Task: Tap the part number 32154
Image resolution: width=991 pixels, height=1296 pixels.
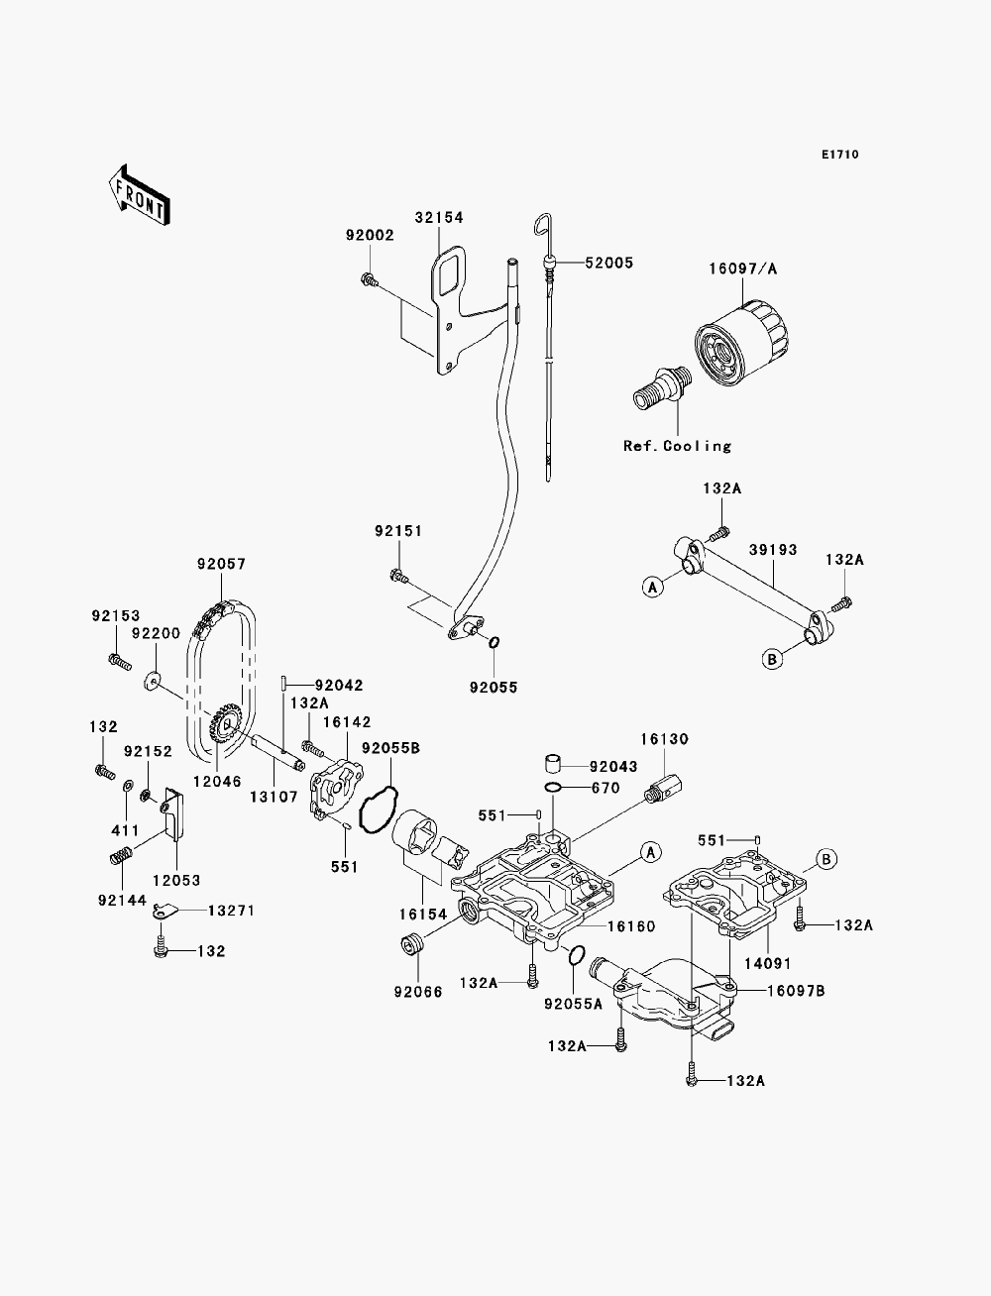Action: (x=439, y=217)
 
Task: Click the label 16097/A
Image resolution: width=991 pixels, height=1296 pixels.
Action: (x=743, y=270)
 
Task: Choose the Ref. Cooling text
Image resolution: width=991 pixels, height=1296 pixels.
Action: (x=678, y=446)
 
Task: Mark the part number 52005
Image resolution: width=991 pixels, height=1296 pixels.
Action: (x=608, y=263)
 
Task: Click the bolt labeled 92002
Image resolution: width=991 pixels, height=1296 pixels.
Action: (x=369, y=278)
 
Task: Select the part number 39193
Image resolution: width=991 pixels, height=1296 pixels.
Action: (x=773, y=550)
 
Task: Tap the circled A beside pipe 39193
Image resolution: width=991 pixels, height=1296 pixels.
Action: (x=653, y=587)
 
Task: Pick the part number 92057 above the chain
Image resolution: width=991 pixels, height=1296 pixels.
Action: (x=221, y=564)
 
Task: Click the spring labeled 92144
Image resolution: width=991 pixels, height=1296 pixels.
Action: (x=120, y=855)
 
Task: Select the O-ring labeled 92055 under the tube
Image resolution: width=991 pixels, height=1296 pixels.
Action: (x=494, y=642)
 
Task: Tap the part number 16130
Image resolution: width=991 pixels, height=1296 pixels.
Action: (x=665, y=738)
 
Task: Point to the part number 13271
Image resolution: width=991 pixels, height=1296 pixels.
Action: (x=232, y=911)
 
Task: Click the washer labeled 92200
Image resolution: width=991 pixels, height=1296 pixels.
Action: (x=152, y=681)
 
